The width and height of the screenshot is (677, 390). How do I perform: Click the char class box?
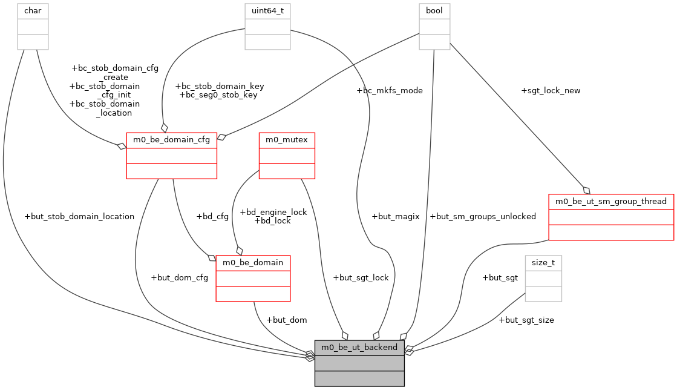[x=33, y=26]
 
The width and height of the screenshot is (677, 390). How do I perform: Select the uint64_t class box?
[x=267, y=26]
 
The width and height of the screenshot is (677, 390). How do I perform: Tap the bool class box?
[x=434, y=26]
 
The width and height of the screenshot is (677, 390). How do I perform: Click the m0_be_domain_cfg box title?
[x=171, y=140]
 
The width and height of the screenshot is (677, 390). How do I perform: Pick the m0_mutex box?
[x=287, y=155]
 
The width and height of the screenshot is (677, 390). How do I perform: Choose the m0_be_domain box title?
[x=253, y=263]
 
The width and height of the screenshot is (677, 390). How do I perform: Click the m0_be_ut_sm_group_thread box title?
[x=610, y=202]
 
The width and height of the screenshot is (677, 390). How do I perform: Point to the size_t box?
[x=543, y=278]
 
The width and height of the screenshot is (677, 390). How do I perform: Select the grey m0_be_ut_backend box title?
[x=359, y=348]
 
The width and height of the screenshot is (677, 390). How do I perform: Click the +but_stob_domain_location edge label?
[x=79, y=217]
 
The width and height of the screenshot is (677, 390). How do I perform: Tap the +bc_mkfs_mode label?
[x=390, y=91]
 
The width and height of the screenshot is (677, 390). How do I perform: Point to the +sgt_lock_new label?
[x=550, y=91]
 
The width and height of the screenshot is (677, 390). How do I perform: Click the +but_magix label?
[x=395, y=217]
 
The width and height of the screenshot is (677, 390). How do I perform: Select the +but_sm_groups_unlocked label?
[x=482, y=217]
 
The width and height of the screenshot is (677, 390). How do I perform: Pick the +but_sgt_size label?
[x=526, y=320]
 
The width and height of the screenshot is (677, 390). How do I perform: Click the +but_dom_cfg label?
[x=179, y=278]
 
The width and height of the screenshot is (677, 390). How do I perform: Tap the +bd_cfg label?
[x=212, y=217]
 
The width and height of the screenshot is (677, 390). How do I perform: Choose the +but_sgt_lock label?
[x=361, y=278]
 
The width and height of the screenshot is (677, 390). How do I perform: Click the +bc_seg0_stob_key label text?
[x=218, y=95]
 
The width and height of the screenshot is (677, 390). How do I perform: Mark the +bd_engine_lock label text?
[x=273, y=213]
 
